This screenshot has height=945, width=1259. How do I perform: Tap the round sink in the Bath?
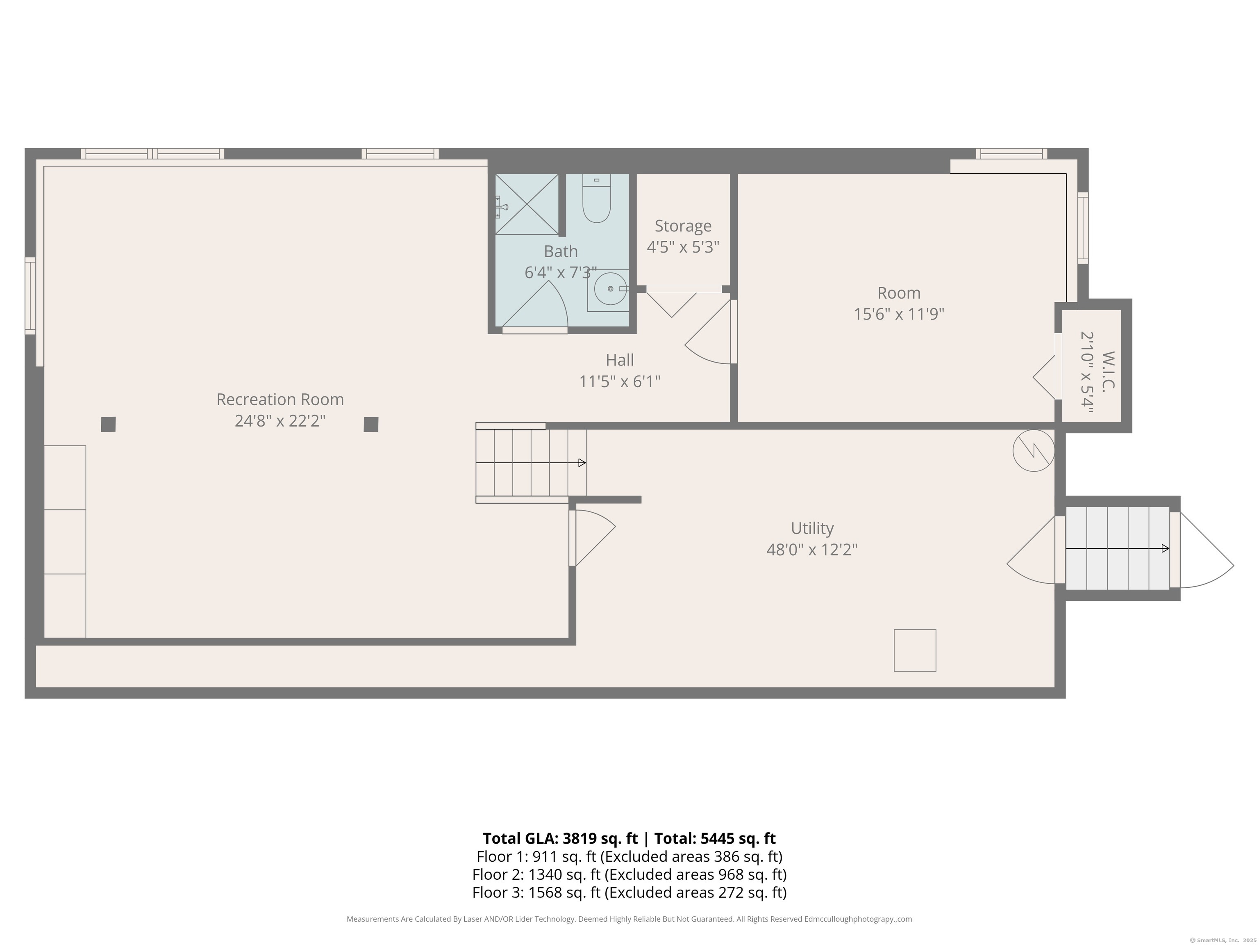(610, 289)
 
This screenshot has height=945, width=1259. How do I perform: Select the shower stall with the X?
(527, 204)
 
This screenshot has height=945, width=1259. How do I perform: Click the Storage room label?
(683, 226)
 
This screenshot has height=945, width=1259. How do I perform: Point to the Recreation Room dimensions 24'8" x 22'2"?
(280, 421)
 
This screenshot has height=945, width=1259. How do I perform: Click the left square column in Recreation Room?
(108, 425)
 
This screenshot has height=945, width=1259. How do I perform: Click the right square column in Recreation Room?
(370, 425)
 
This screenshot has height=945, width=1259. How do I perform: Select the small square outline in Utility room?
(915, 651)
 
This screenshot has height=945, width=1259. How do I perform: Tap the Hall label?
(620, 360)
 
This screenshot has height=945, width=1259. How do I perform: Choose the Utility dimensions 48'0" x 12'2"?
(811, 550)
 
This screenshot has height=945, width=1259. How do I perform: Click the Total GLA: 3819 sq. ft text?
(561, 838)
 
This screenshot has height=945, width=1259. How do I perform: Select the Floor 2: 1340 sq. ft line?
(629, 874)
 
